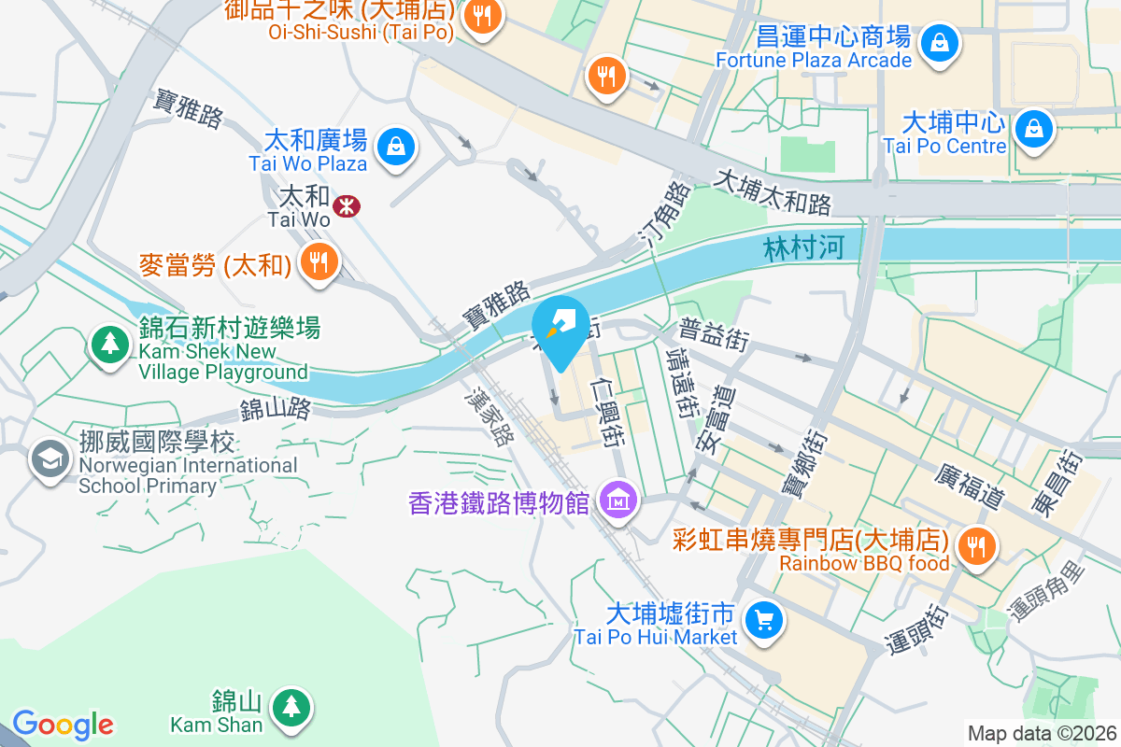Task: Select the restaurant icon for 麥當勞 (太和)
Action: pos(319,262)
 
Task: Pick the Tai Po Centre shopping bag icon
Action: pos(1034,129)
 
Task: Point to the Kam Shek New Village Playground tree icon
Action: pos(110,345)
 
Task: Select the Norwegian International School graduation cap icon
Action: pos(49,458)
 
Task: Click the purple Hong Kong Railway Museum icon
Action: pos(618,502)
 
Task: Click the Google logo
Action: pos(63,725)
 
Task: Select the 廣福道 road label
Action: pos(969,486)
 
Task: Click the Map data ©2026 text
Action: pos(1042,733)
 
